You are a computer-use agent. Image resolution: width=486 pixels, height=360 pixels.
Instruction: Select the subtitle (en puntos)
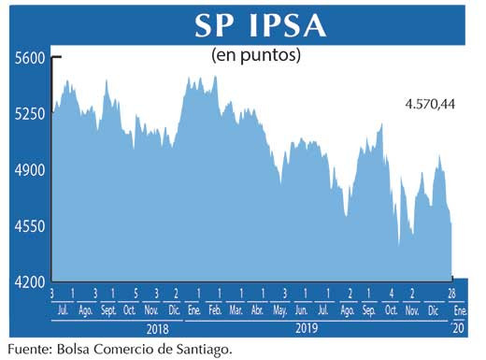256,55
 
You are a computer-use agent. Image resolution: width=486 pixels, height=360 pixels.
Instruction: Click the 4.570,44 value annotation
431,104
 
